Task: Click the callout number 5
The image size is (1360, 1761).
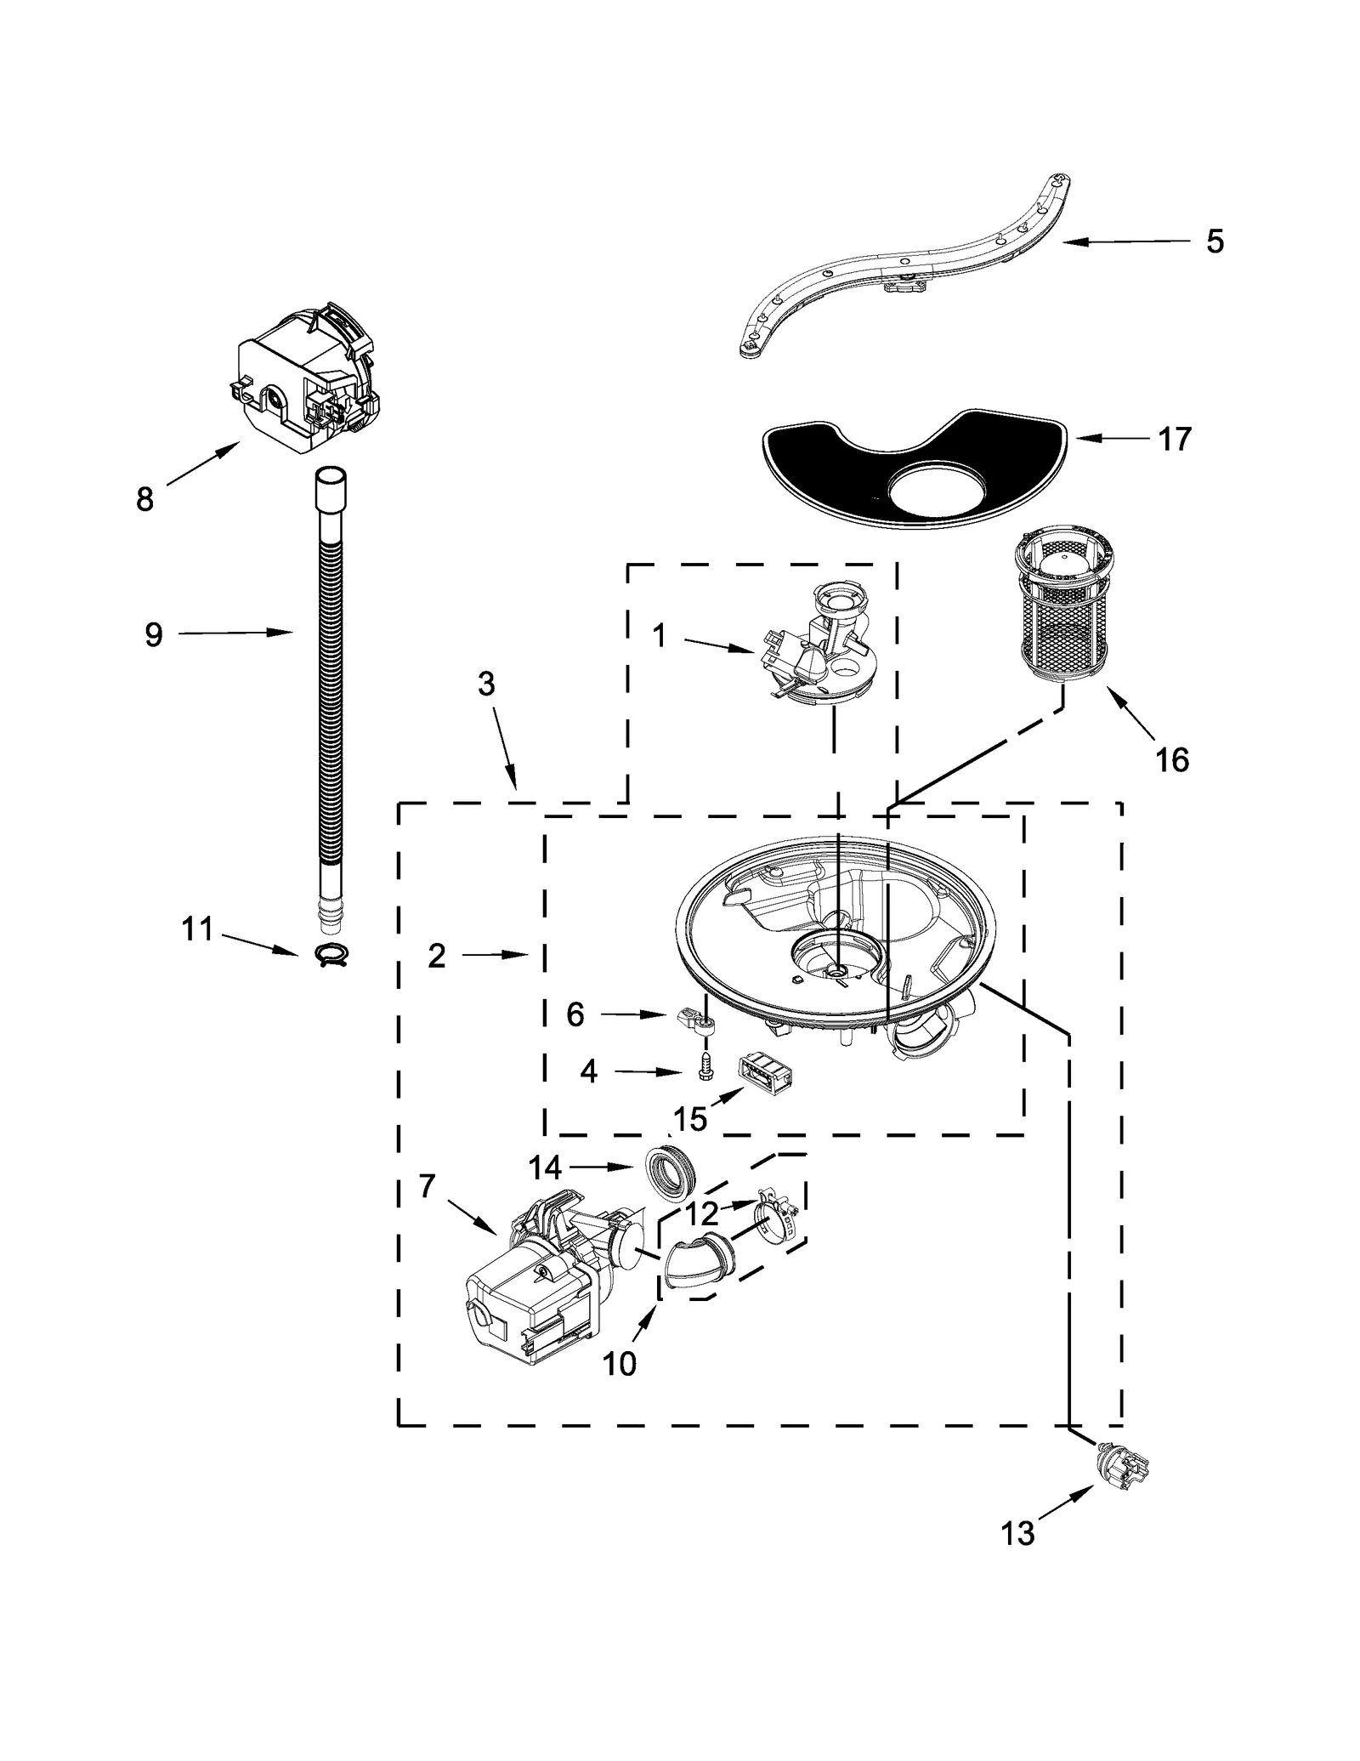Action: tap(1215, 241)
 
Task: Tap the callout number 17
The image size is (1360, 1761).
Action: tap(1175, 439)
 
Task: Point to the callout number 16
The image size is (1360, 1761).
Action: tap(1172, 759)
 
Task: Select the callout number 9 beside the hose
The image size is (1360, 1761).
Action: tap(153, 634)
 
